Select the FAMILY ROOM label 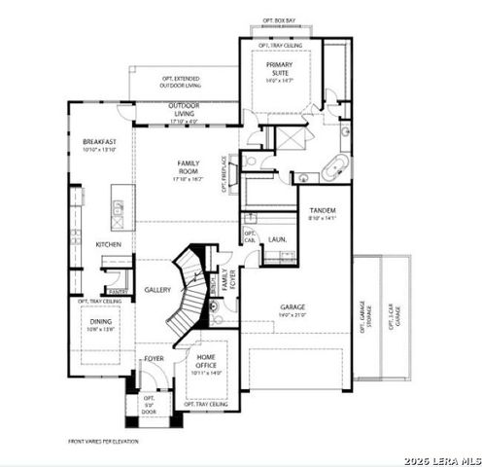click(x=188, y=167)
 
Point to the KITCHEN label click(x=108, y=244)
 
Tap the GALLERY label click(x=158, y=290)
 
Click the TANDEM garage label click(x=323, y=212)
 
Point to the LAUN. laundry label click(x=277, y=237)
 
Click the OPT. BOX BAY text click(x=280, y=18)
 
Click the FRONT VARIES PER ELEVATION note click(x=102, y=441)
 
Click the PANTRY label click(x=116, y=291)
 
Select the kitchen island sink click(x=118, y=206)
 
